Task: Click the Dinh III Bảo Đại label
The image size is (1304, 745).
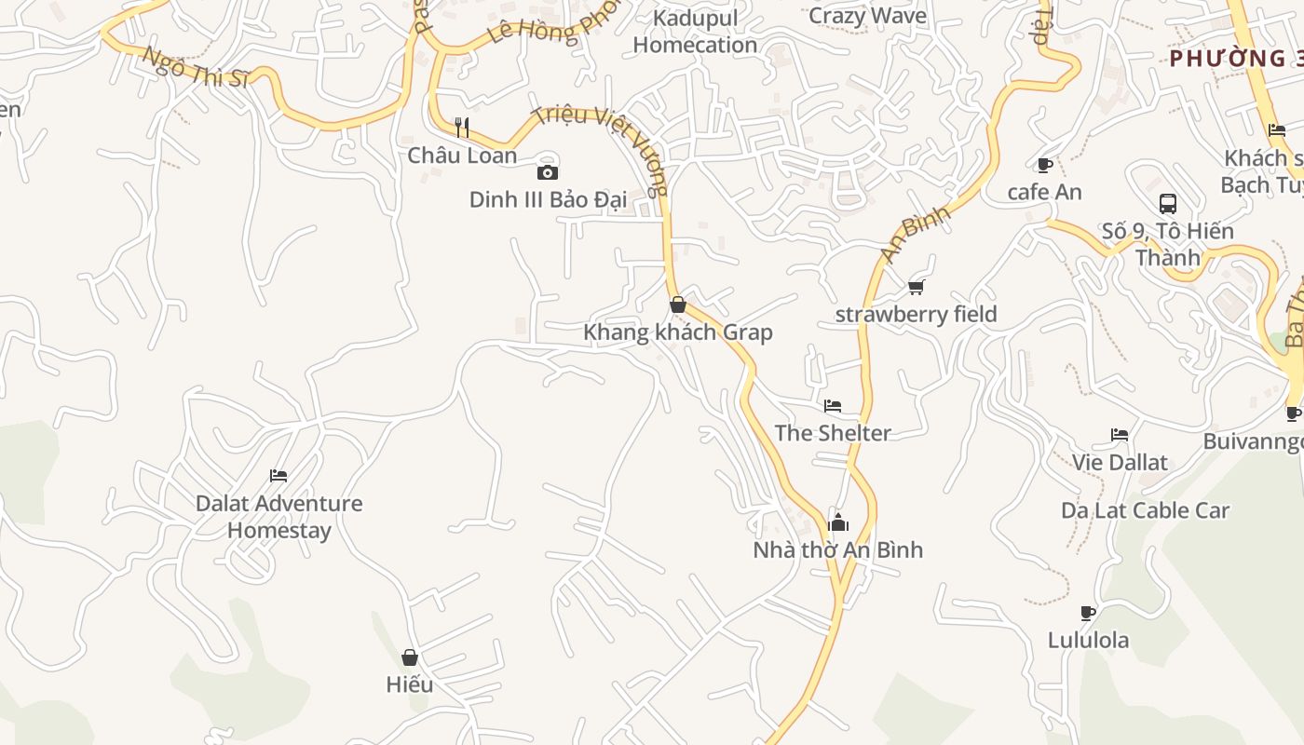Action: [x=547, y=199]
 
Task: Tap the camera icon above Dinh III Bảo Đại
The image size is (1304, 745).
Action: [x=548, y=172]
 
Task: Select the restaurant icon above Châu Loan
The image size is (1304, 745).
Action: [x=462, y=127]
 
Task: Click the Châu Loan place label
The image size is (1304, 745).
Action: [x=462, y=155]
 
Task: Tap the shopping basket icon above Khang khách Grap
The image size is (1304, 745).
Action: [x=678, y=305]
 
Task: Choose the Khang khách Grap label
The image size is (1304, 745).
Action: [x=678, y=332]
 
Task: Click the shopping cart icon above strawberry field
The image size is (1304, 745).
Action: [x=917, y=287]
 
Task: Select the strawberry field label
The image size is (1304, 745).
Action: [x=917, y=314]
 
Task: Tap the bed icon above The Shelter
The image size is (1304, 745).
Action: [x=833, y=406]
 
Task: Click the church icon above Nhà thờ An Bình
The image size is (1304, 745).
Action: [x=838, y=521]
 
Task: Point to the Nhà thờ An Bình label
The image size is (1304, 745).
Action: [x=838, y=549]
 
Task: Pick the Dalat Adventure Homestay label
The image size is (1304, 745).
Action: [x=278, y=517]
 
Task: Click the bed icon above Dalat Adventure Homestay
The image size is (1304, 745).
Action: [x=278, y=476]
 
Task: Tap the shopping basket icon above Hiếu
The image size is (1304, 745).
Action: [x=410, y=657]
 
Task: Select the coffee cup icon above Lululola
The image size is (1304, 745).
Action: [x=1088, y=613]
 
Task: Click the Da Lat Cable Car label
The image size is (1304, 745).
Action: [x=1146, y=510]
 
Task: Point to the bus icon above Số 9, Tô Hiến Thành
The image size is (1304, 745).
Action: [x=1168, y=203]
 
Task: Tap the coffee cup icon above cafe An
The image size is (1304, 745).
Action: [x=1045, y=165]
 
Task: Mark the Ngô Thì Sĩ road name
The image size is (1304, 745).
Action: [x=196, y=67]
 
